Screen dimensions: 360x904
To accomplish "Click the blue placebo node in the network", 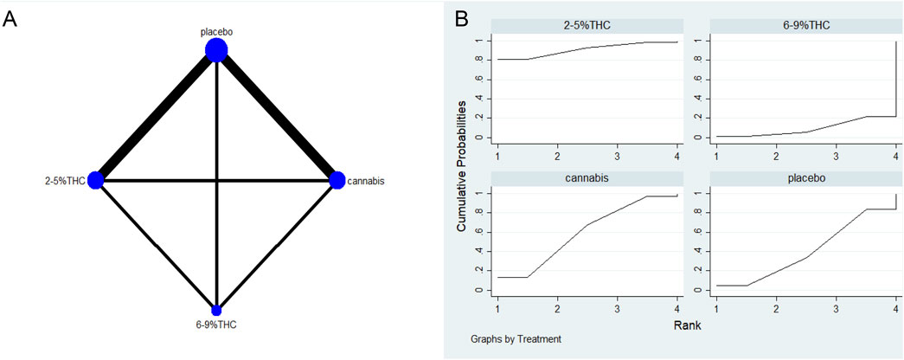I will click(216, 51).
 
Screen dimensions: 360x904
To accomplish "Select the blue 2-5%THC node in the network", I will click(96, 180).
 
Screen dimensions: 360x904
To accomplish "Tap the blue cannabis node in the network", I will click(337, 180).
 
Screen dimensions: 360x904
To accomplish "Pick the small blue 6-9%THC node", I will click(216, 310).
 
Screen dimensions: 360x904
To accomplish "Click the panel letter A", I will click(10, 19).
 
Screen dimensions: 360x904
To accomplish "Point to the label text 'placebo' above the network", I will click(216, 32).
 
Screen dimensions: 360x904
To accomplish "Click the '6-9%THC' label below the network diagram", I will click(216, 325).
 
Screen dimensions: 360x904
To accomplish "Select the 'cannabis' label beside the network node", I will click(366, 181).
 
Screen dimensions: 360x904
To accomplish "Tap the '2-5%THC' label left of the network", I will click(66, 181).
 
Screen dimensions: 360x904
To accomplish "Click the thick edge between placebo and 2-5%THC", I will click(156, 115).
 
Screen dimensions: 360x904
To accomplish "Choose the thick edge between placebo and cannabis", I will click(277, 115).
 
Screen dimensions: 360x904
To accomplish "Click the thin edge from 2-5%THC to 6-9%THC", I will click(156, 245).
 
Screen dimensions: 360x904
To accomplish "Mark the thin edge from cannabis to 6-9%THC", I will click(277, 245).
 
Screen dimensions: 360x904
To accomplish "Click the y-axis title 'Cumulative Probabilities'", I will click(464, 164).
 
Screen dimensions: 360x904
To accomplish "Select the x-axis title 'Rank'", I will click(689, 326).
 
